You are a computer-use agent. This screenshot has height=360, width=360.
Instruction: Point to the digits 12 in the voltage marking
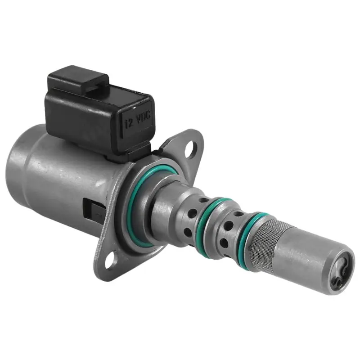129,121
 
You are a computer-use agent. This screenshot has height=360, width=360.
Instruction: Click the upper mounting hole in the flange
193,147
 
